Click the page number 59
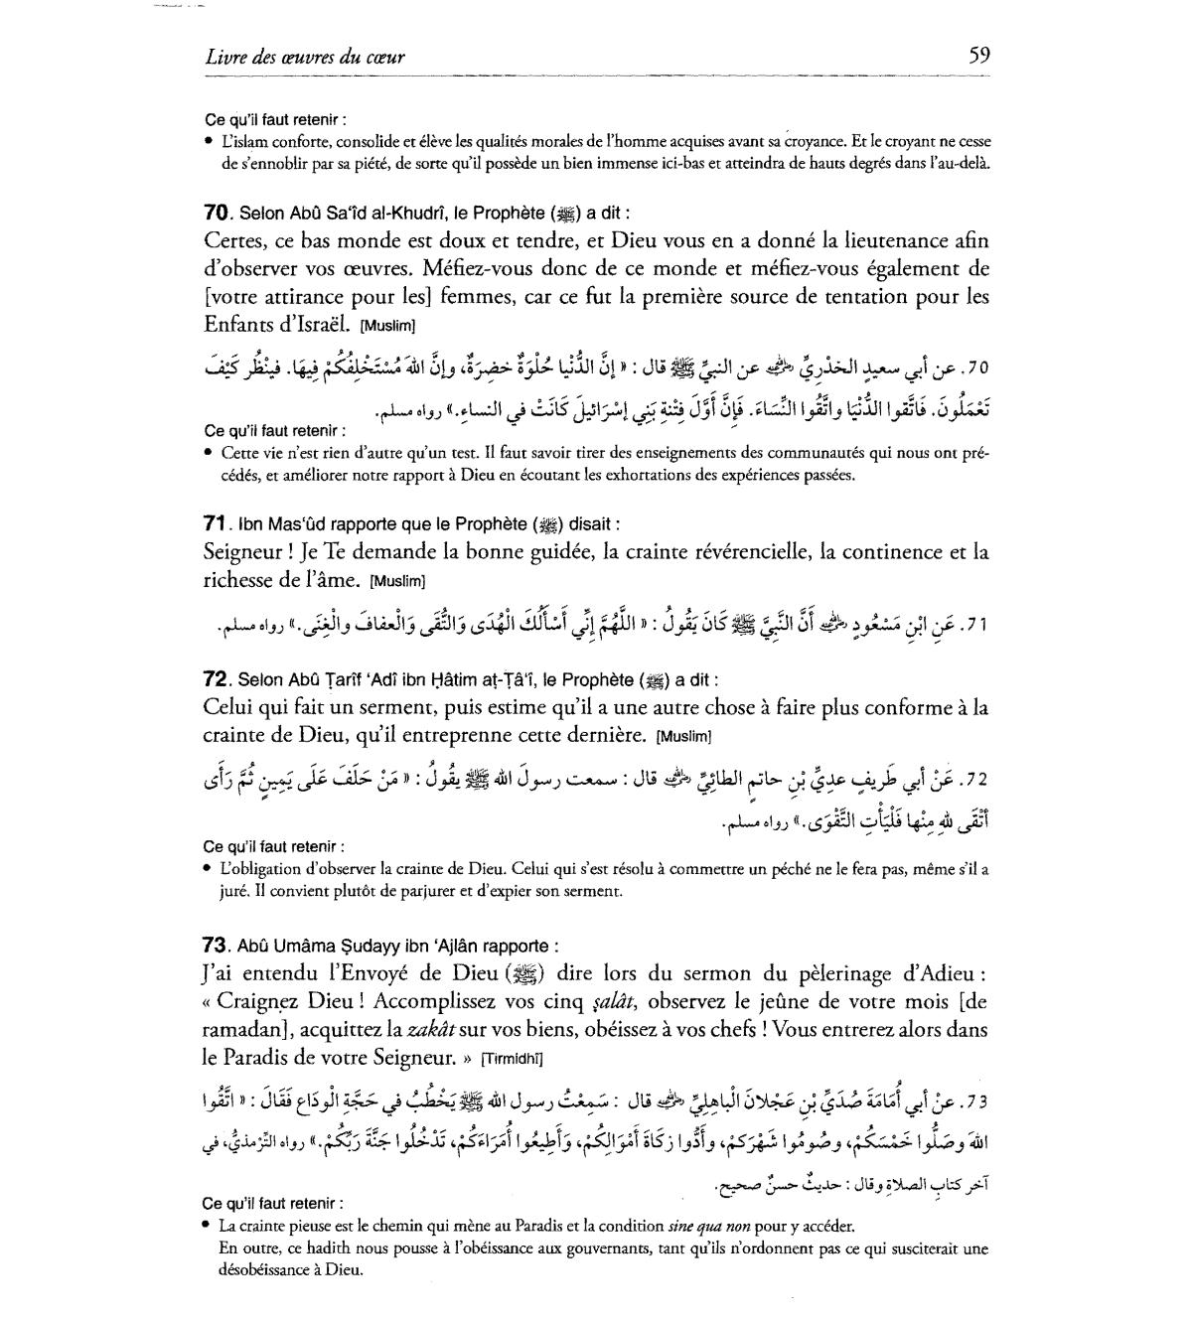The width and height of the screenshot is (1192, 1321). (978, 55)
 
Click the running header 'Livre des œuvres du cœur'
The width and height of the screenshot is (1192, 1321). (305, 57)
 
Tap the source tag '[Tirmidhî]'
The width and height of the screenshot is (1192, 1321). (512, 1057)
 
